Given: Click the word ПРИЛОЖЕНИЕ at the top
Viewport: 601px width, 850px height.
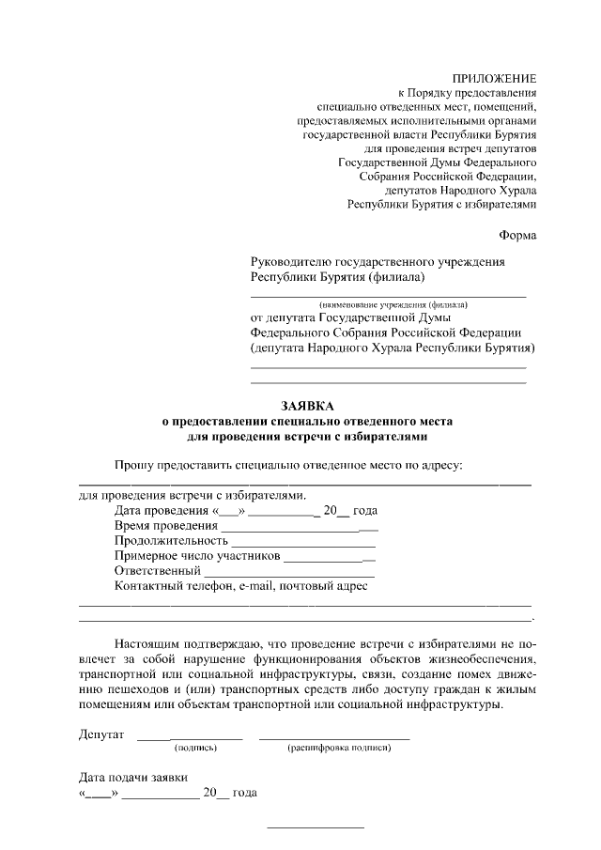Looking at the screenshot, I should click(494, 78).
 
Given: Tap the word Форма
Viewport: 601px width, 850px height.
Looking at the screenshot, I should click(517, 236).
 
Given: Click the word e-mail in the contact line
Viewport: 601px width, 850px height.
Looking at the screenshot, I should click(260, 586).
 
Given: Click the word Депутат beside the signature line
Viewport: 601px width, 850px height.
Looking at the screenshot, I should click(101, 734).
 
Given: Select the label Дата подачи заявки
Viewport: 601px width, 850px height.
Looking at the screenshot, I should click(132, 778).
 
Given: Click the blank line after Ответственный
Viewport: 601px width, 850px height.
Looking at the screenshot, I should click(288, 575).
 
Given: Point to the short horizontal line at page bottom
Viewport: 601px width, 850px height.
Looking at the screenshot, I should click(316, 827).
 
